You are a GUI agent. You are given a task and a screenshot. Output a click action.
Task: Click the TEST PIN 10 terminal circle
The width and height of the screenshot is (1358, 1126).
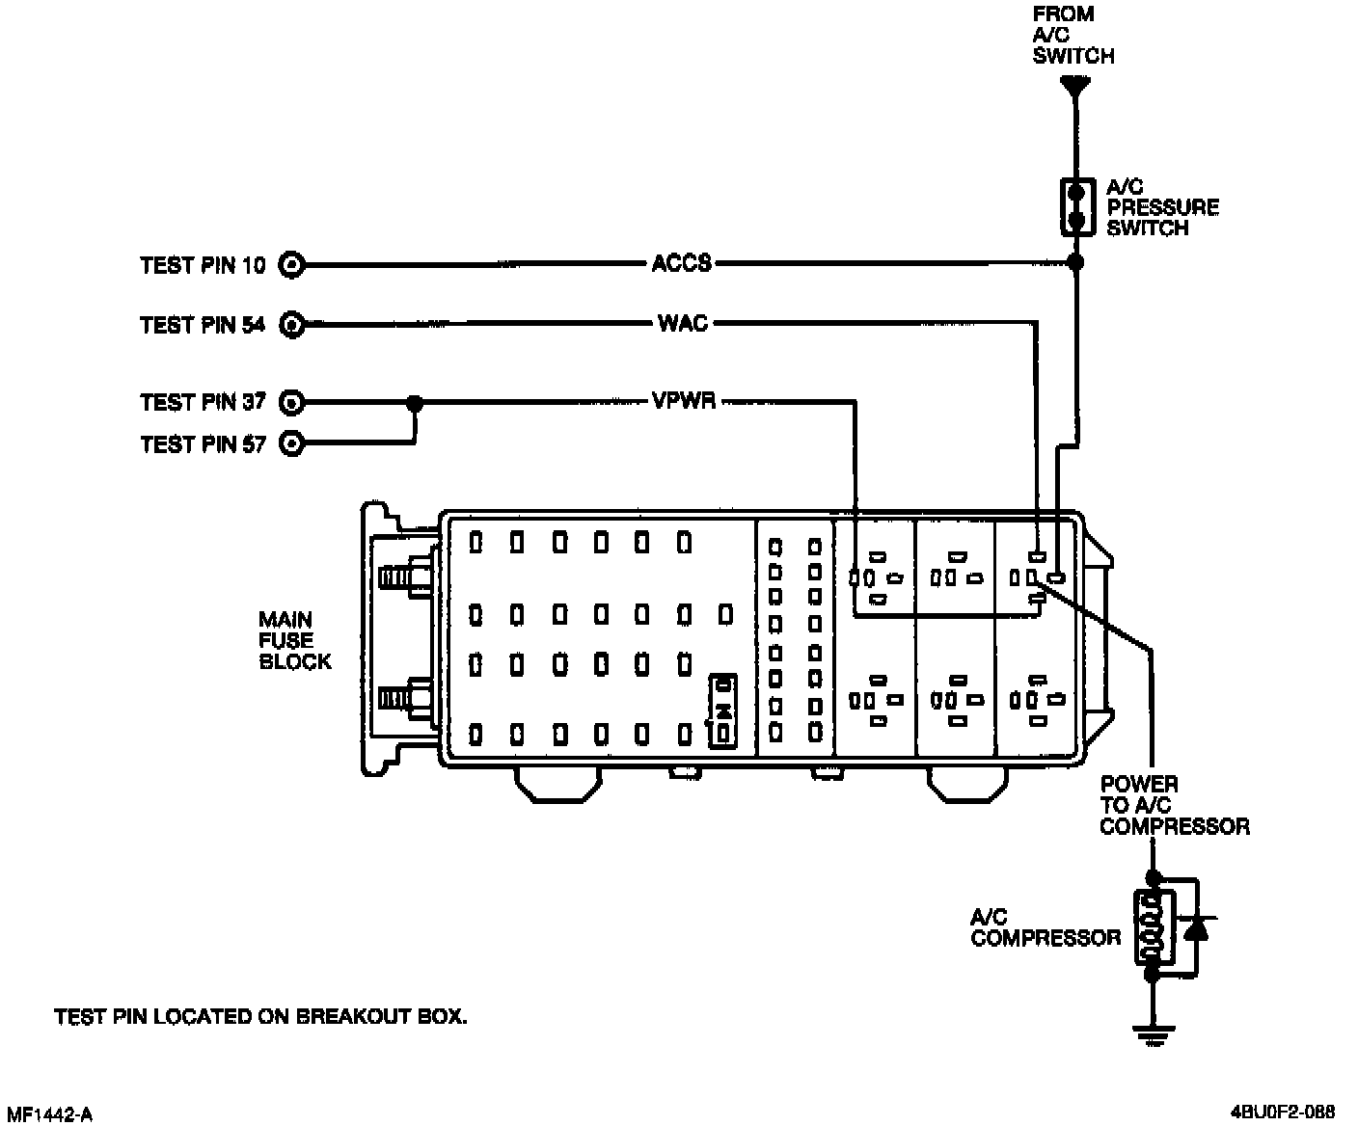[x=291, y=263]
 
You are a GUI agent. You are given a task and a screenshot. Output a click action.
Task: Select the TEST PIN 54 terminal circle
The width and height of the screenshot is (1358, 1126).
[x=291, y=325]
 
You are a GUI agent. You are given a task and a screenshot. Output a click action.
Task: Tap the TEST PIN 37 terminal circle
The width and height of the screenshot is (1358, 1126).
[x=291, y=401]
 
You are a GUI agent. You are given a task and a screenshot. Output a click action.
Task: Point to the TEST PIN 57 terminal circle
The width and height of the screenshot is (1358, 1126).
[x=291, y=443]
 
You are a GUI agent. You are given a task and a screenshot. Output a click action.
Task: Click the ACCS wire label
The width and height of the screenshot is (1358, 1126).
[x=681, y=263]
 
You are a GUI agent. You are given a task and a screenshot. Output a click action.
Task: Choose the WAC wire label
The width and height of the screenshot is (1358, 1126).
[x=683, y=323]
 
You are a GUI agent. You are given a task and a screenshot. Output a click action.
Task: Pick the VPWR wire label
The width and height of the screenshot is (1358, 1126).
[x=684, y=400]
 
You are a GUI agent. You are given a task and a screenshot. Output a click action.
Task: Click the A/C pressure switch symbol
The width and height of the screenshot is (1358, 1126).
[x=1076, y=206]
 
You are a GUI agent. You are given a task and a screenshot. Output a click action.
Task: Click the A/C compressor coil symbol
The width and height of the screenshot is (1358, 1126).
[x=1150, y=926]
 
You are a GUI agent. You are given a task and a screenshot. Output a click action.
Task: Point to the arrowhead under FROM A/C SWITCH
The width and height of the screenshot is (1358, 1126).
[x=1075, y=89]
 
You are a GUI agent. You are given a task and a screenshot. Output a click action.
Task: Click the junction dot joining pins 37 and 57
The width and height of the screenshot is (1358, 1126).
[x=415, y=402]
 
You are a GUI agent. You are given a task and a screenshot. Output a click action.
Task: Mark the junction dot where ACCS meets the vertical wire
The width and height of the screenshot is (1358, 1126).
[x=1076, y=262]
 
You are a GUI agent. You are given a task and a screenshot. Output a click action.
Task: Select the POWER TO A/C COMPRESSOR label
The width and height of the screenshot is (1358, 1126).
[x=1174, y=805]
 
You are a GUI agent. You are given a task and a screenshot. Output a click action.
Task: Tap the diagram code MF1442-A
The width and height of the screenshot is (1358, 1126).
[x=48, y=1114]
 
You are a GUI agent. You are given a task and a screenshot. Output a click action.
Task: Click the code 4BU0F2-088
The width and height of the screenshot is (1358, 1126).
[x=1283, y=1110]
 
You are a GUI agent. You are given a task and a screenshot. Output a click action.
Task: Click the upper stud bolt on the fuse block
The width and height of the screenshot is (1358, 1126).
[x=405, y=576]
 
